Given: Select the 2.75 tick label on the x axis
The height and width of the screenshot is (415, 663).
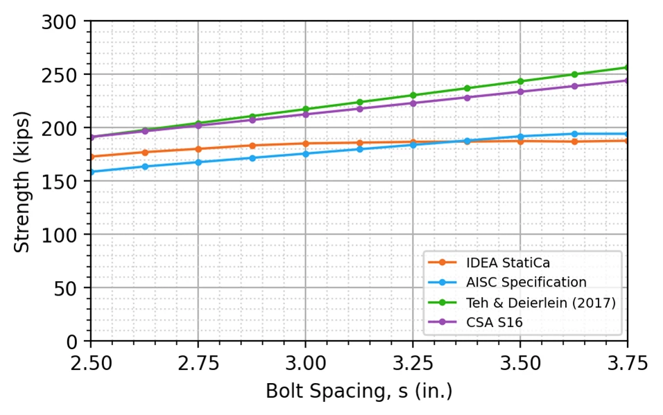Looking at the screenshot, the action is [x=198, y=364].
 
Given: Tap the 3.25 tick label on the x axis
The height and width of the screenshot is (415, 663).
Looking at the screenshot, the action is [x=413, y=364].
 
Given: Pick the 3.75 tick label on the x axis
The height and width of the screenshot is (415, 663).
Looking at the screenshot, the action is [x=628, y=364].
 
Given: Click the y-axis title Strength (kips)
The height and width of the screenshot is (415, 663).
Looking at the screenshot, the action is [x=21, y=182].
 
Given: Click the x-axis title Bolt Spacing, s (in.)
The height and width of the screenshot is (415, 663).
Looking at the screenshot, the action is [x=359, y=391].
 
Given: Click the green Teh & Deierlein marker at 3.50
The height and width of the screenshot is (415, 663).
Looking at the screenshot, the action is [x=520, y=81].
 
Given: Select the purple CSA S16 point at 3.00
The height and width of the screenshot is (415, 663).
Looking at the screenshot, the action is [x=305, y=115].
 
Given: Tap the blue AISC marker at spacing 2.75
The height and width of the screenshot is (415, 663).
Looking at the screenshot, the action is [x=198, y=162].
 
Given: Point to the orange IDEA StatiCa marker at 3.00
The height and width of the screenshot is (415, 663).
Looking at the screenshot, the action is [x=305, y=144].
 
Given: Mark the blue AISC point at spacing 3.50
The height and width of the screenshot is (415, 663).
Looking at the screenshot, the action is [x=520, y=137].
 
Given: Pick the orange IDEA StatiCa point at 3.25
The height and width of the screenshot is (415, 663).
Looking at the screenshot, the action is [x=413, y=142].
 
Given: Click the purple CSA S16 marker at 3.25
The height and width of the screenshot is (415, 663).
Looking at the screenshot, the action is [x=413, y=103].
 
